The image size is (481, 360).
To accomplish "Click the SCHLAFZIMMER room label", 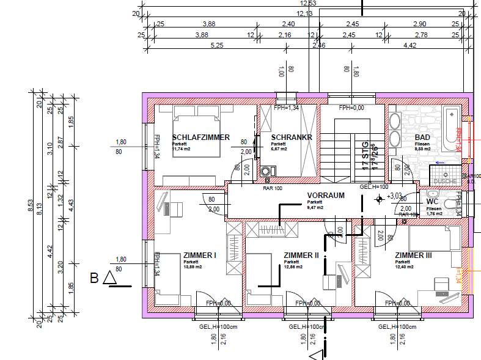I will tap(200, 138).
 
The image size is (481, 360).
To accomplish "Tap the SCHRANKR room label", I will tap(292, 138).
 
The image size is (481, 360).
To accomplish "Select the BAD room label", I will tap(422, 138).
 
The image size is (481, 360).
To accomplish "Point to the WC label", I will tap(433, 201).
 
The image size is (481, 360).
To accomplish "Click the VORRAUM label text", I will tap(326, 196).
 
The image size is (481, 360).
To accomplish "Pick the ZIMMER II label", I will tap(301, 255).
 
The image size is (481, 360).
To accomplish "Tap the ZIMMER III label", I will tap(413, 255).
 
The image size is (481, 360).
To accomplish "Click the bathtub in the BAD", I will tap(452, 131).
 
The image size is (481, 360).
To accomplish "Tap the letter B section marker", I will tap(94, 279).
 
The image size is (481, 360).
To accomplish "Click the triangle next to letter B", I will tap(110, 279).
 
